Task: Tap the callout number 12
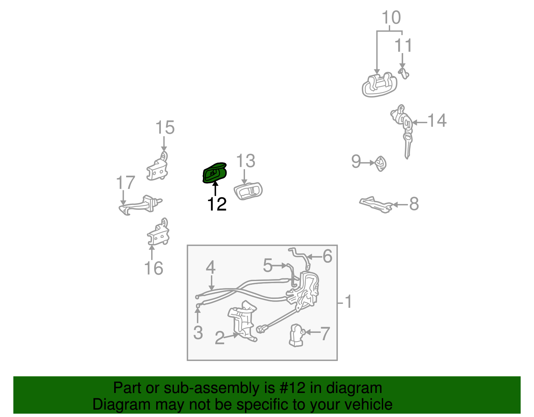217,204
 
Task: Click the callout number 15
165,128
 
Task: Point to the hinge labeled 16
158,234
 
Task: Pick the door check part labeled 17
140,204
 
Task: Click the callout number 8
414,204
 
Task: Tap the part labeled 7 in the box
296,335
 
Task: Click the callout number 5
268,265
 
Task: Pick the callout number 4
211,267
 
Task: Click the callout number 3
198,333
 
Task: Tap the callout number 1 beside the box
348,301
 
